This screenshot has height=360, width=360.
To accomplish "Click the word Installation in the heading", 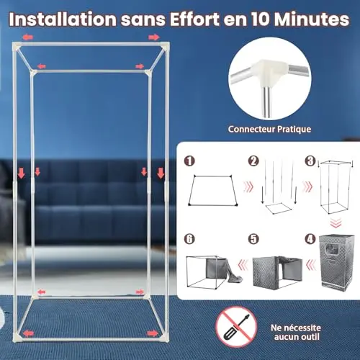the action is [x=63, y=19].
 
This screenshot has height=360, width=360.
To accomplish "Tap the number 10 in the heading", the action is [x=261, y=19].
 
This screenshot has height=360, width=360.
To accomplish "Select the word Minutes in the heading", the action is [x=312, y=19].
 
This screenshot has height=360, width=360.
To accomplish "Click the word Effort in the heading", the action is [x=194, y=19].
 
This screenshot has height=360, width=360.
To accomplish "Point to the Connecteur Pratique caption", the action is [x=269, y=129].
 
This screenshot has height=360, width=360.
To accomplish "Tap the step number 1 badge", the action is [x=189, y=161].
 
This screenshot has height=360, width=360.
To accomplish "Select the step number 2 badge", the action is [x=253, y=161].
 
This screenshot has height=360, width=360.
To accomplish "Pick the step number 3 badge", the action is [x=310, y=161].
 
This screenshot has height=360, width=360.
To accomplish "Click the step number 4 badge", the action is [x=310, y=239].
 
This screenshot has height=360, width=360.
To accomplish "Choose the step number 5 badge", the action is [x=253, y=239].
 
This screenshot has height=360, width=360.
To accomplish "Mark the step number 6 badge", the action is [x=189, y=239].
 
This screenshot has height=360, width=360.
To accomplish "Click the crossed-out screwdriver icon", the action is [x=236, y=327].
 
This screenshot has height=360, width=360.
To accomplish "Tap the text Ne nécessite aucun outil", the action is [x=296, y=332].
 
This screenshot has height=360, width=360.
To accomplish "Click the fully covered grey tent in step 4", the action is [x=337, y=261].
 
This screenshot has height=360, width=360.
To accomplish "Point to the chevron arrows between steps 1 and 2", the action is [x=248, y=186].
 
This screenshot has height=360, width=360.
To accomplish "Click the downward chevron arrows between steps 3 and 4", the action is [x=336, y=223].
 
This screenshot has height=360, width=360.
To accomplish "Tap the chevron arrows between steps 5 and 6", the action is [x=243, y=266].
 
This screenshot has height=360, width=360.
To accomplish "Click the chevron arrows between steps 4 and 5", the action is [x=311, y=266].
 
